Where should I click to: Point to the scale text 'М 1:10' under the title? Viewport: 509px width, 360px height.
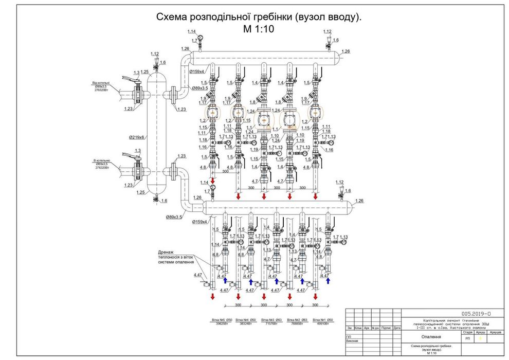(258, 29)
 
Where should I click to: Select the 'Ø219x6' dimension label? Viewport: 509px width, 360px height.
(136, 137)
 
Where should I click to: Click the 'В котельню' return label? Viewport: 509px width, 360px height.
(101, 160)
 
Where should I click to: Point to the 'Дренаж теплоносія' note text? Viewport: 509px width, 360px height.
(176, 257)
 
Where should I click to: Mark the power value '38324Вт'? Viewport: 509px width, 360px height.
(247, 324)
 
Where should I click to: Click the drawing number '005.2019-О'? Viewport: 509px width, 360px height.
(476, 313)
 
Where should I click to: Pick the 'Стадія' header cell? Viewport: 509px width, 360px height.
(467, 332)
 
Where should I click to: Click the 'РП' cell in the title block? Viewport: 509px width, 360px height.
(467, 339)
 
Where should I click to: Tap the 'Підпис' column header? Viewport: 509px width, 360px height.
(386, 328)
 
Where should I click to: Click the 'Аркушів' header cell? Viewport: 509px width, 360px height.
(495, 332)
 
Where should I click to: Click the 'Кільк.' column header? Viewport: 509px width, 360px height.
(358, 328)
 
